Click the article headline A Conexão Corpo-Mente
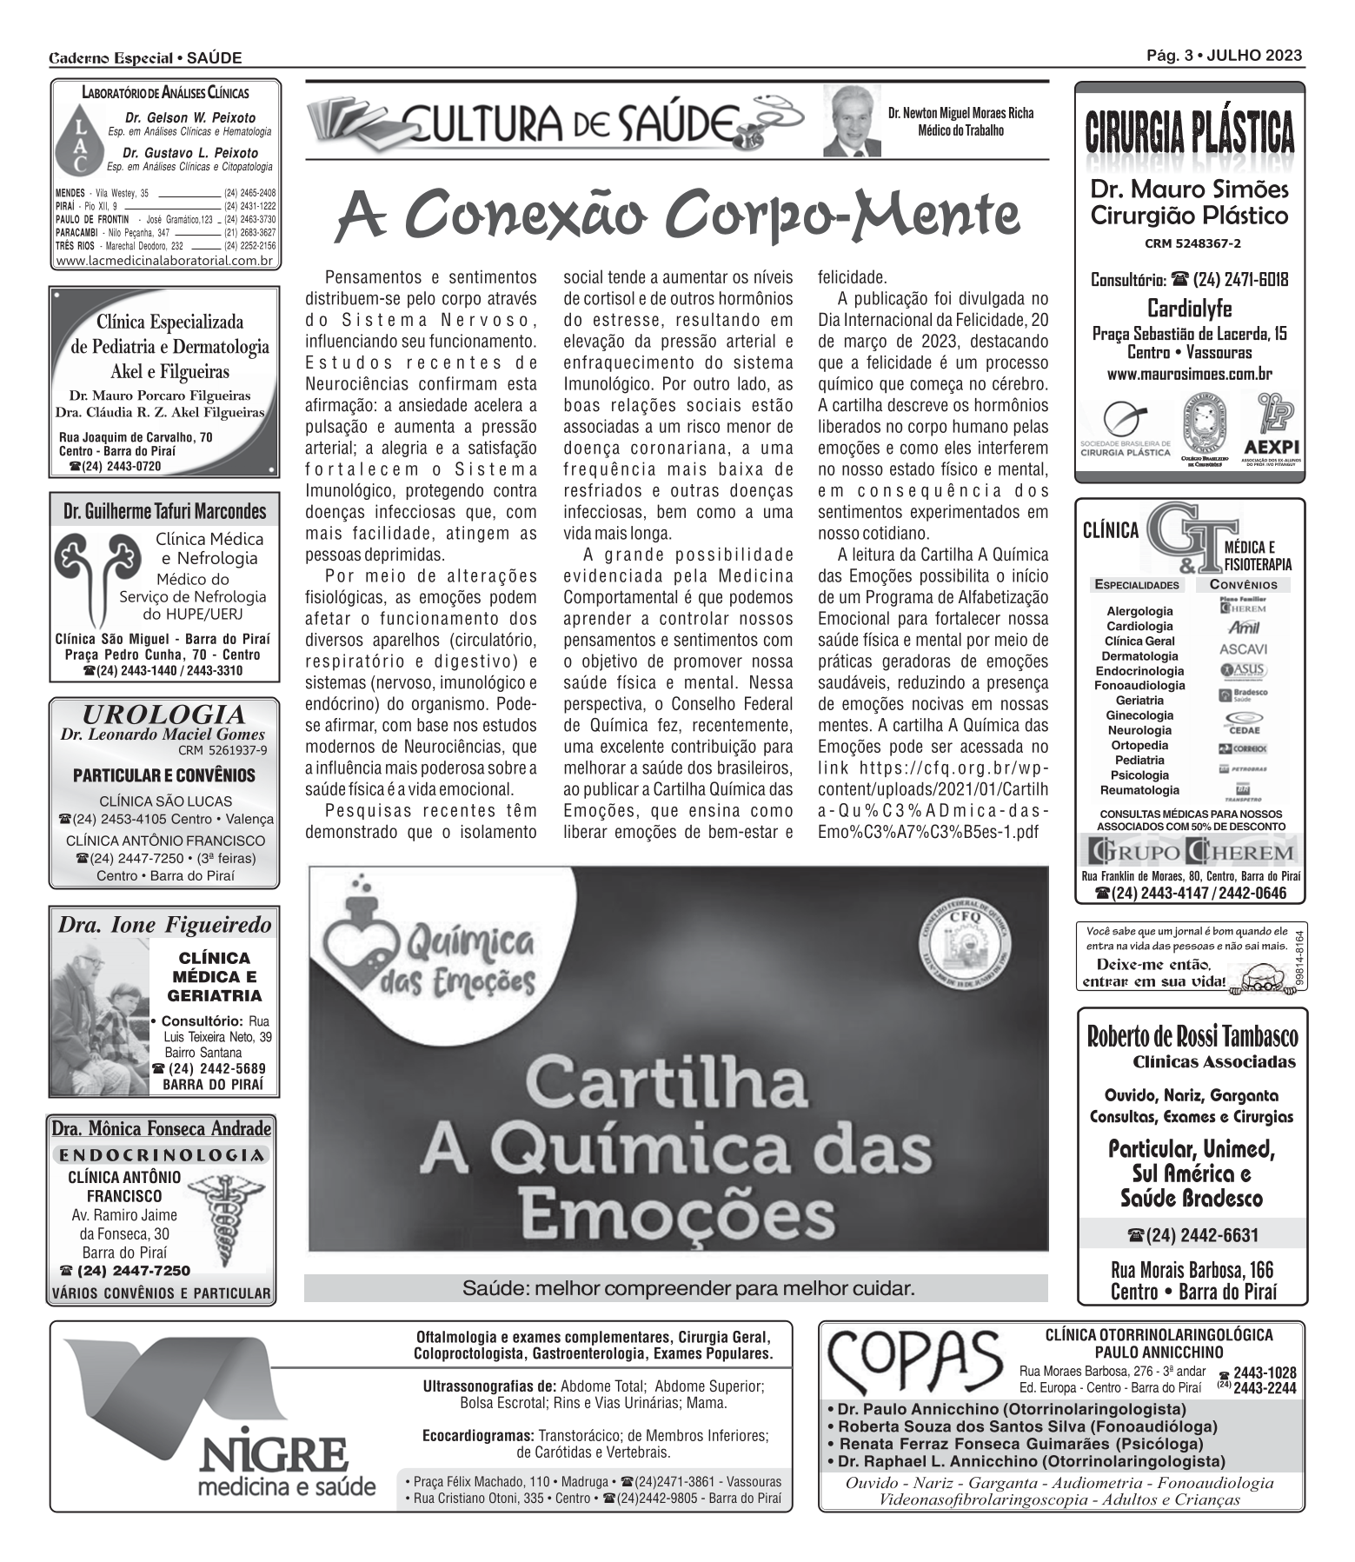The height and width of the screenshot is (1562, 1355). point(677,215)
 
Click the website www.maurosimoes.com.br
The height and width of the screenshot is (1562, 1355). point(1189,375)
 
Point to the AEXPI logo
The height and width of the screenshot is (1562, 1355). point(1270,430)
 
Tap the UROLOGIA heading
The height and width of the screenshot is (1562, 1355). point(163,715)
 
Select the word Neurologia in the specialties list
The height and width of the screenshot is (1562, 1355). point(1139,730)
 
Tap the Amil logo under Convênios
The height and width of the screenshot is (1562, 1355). point(1243,628)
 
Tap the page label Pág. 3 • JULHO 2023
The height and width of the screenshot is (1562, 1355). point(1224,56)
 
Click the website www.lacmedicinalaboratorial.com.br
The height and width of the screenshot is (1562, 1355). point(164,261)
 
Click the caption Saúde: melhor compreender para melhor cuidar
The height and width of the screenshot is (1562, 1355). point(688,1288)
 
